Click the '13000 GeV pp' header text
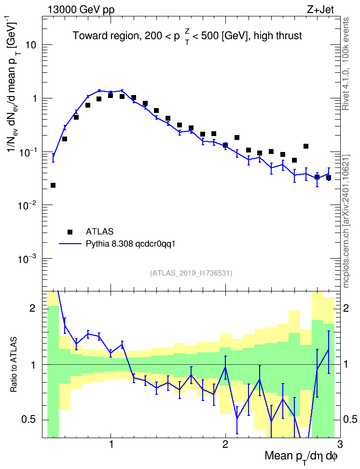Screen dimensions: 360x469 click(81, 10)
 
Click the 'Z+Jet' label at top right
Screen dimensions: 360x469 click(320, 10)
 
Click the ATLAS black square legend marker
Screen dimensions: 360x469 click(70, 232)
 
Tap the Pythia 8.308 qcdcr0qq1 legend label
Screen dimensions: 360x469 click(130, 244)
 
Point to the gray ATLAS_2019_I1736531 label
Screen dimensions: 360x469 click(191, 273)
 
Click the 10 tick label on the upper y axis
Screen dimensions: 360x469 click(30, 45)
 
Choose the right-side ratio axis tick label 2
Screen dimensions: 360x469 click(346, 308)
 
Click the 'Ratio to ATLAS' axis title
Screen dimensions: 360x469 click(14, 365)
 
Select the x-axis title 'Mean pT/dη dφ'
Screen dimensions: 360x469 click(301, 456)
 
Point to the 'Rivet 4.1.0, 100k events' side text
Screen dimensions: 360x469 click(346, 64)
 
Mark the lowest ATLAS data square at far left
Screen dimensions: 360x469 click(53, 185)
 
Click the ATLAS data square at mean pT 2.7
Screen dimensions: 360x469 click(306, 146)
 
